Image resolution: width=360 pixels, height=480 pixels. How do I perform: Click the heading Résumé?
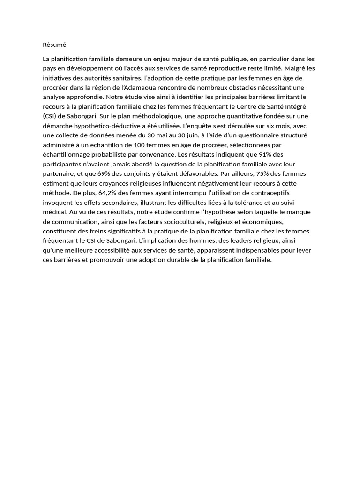54,45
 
